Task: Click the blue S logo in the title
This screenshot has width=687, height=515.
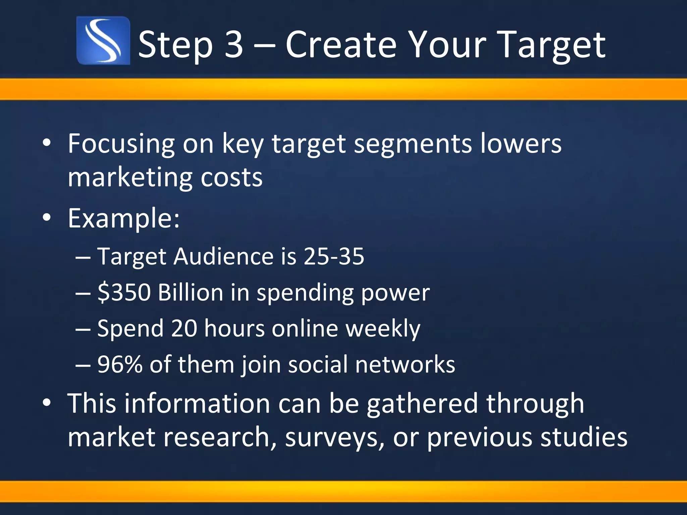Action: coord(103,41)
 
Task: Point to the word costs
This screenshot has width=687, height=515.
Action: coord(231,177)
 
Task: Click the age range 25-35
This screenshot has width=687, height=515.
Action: coord(334,256)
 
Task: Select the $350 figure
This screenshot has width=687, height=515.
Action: coord(124,292)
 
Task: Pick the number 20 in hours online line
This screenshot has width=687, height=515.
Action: coord(184,328)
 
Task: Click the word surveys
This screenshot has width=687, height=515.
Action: coord(334,438)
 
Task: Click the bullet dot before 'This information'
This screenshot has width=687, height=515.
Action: coord(47,402)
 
